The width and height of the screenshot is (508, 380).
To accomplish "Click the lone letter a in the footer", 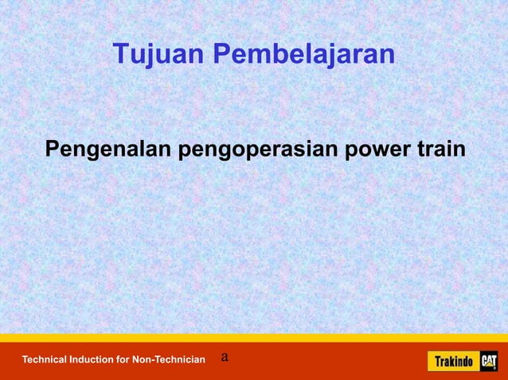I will pos(225,357).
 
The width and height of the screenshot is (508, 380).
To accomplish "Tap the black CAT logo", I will pos(488,361).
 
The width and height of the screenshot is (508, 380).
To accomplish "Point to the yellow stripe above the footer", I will pos(254,337).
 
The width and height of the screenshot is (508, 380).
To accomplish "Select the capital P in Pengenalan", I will pos(53,149).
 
